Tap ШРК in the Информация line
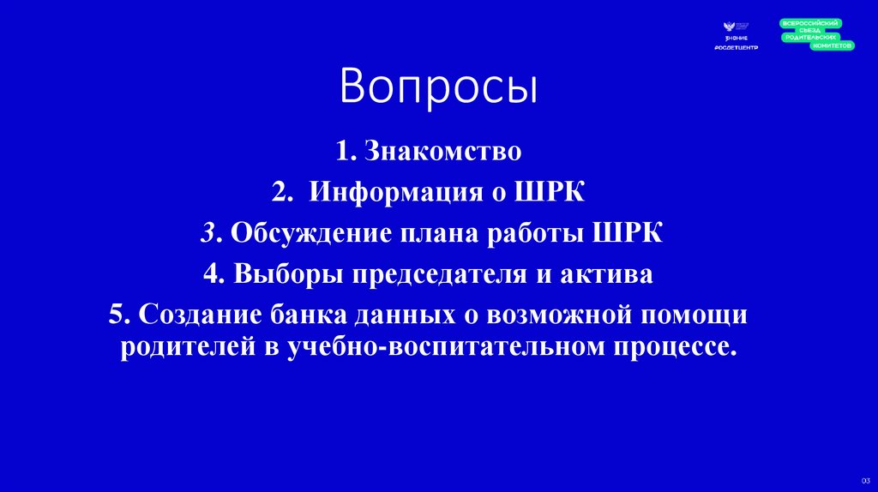click(x=550, y=191)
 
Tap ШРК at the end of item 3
click(x=628, y=233)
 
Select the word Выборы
click(x=278, y=274)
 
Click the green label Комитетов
click(x=832, y=45)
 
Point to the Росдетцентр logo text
click(x=736, y=47)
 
